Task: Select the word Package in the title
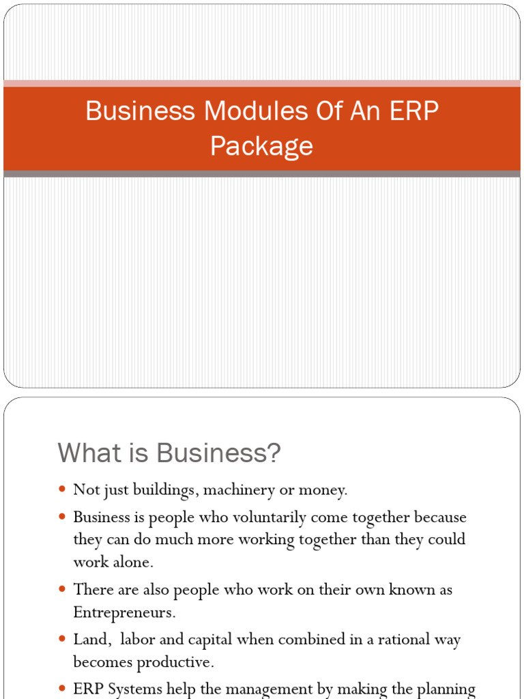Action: coord(261,145)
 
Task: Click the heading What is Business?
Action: coord(169,453)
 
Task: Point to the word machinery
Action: coord(238,489)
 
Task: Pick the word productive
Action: coord(176,661)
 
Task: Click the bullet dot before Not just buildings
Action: coord(62,489)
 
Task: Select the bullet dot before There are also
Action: coord(62,589)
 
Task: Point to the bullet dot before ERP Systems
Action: coord(62,689)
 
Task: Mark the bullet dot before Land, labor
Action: coord(62,640)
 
